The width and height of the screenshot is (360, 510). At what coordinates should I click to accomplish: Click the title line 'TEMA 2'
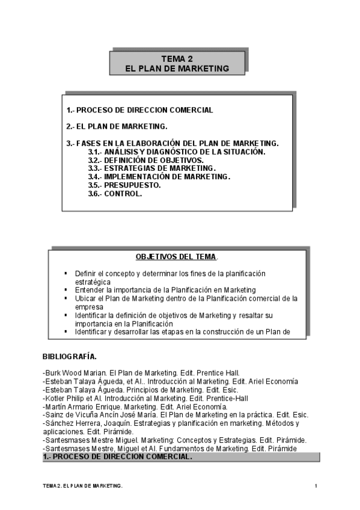point(177,60)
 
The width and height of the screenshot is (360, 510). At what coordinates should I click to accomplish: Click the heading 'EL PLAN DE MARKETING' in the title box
point(177,69)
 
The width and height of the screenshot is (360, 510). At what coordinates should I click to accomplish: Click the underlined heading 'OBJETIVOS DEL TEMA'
point(175,256)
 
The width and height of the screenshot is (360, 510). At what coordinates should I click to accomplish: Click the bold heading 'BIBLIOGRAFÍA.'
point(70,356)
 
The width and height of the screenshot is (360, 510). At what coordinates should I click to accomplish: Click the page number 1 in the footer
point(316,485)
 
